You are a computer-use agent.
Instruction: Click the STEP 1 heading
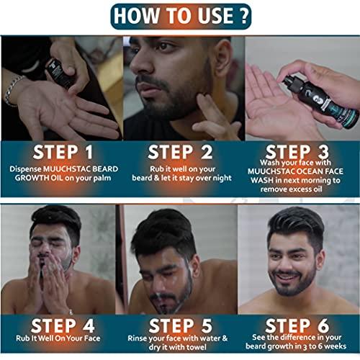59,152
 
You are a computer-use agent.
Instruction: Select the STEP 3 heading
301,152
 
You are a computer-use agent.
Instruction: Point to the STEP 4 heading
59,322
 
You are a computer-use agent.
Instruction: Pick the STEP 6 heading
301,322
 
